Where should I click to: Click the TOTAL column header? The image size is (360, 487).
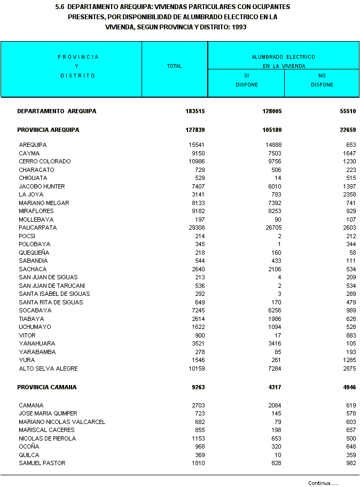click(174, 66)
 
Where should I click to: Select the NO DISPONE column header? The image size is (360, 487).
click(322, 80)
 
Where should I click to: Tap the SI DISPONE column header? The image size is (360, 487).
click(246, 80)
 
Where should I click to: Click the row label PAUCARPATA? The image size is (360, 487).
click(37, 227)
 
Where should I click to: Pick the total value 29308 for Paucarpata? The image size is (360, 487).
click(195, 227)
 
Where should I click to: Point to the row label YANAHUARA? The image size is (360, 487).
click(37, 343)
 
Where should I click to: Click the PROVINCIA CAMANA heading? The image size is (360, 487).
click(47, 387)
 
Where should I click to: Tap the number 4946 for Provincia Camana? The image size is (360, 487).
click(347, 387)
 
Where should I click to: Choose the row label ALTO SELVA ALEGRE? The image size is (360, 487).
click(48, 368)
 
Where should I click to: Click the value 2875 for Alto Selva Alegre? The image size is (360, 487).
click(348, 368)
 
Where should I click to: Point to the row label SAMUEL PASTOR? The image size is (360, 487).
click(42, 463)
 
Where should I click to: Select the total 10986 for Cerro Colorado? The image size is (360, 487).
click(195, 161)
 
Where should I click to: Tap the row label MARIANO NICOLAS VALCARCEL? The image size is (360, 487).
click(62, 422)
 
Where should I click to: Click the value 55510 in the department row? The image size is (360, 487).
click(347, 112)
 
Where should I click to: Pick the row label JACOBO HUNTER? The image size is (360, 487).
click(42, 186)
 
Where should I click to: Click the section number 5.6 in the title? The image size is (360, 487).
click(60, 7)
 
